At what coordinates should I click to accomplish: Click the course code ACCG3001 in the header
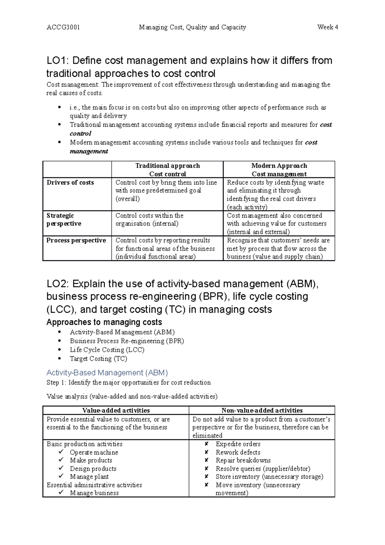point(63,27)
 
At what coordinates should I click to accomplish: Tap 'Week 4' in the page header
point(327,27)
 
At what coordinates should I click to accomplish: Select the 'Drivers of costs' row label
point(70,183)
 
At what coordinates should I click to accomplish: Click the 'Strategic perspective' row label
point(64,220)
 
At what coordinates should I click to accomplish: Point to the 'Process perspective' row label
point(76,240)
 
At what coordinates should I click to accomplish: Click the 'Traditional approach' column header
point(167,166)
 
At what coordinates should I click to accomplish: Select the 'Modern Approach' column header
point(279,166)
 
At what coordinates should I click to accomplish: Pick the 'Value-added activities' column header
point(116,411)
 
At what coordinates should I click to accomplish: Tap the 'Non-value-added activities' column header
point(262,411)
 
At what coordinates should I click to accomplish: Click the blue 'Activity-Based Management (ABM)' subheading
point(107,373)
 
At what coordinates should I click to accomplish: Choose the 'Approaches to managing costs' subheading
point(104,322)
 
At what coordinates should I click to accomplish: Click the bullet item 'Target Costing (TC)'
point(98,359)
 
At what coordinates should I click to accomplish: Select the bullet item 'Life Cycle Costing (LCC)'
point(107,350)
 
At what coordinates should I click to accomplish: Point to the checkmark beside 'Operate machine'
point(61,452)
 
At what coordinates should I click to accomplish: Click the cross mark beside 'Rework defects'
point(207,452)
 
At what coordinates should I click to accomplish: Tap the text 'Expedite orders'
point(238,444)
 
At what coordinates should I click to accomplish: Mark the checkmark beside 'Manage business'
point(61,493)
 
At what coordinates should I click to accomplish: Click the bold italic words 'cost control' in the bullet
point(326,125)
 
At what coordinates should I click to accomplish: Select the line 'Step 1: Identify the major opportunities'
point(128,383)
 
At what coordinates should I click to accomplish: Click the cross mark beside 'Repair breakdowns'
point(207,460)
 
